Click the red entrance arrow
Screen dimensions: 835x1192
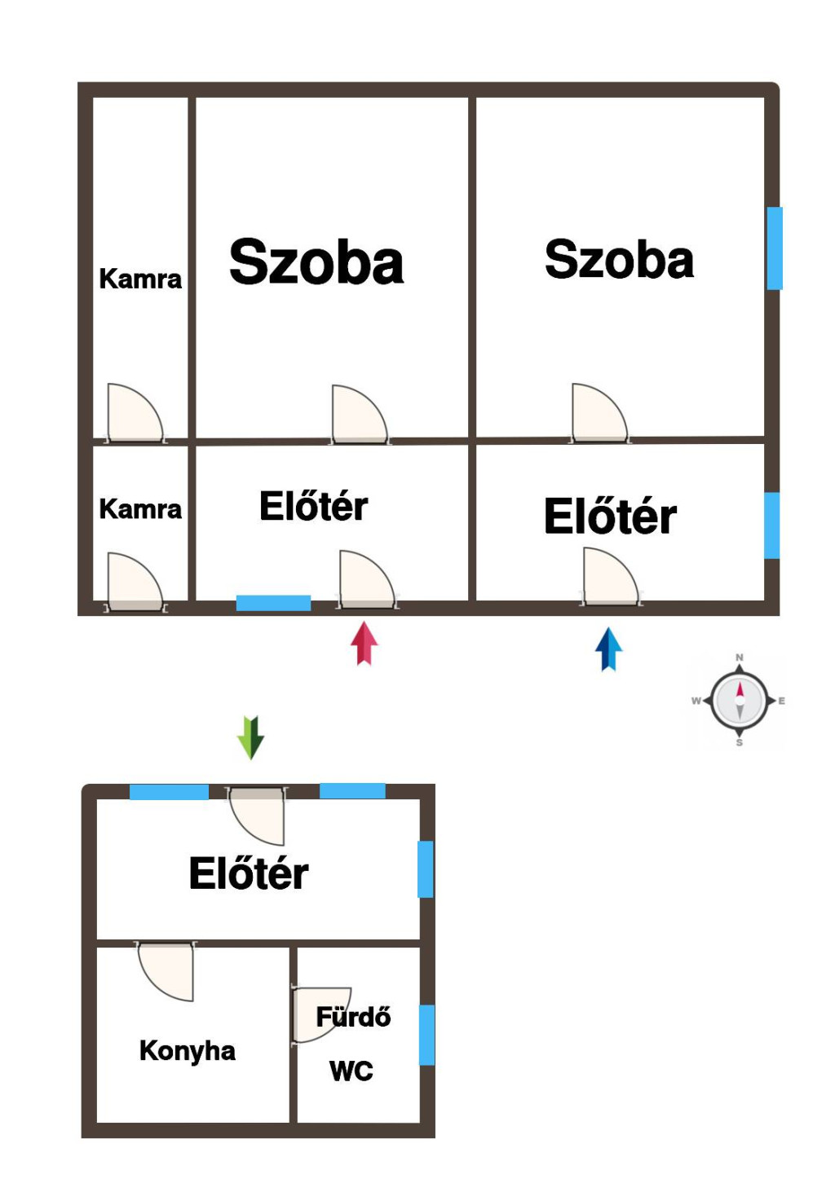pos(364,644)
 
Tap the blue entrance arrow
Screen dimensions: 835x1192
pos(608,649)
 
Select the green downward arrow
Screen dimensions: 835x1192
pos(250,737)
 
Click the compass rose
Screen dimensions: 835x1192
pos(739,701)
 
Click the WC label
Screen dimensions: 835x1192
pos(351,1071)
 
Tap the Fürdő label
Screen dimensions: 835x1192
pos(354,1016)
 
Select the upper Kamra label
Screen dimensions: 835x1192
pos(140,279)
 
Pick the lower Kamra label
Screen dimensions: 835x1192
pos(140,509)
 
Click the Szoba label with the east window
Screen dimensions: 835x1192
pos(620,259)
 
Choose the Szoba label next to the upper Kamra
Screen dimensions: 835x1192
pos(316,262)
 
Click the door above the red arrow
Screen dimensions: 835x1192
pos(368,579)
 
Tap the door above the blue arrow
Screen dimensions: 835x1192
pos(612,577)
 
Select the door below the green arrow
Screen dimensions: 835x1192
pos(257,816)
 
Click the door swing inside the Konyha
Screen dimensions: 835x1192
pos(166,971)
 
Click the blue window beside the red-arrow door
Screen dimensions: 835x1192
pos(273,603)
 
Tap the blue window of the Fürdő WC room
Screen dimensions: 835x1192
pos(427,1035)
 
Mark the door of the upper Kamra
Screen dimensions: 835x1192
pos(136,413)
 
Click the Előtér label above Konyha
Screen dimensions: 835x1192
pos(249,873)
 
